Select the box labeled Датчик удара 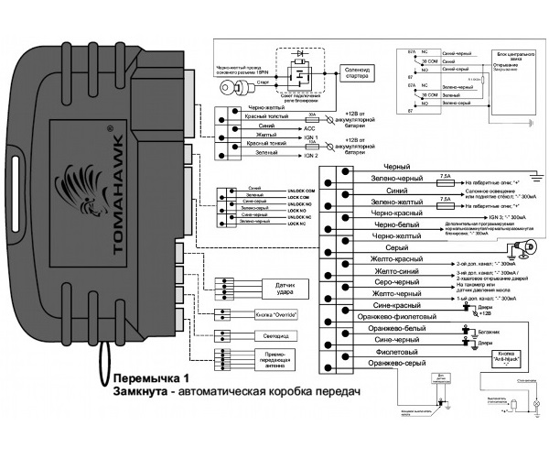[x=264, y=289]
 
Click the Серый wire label [x=370, y=247]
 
